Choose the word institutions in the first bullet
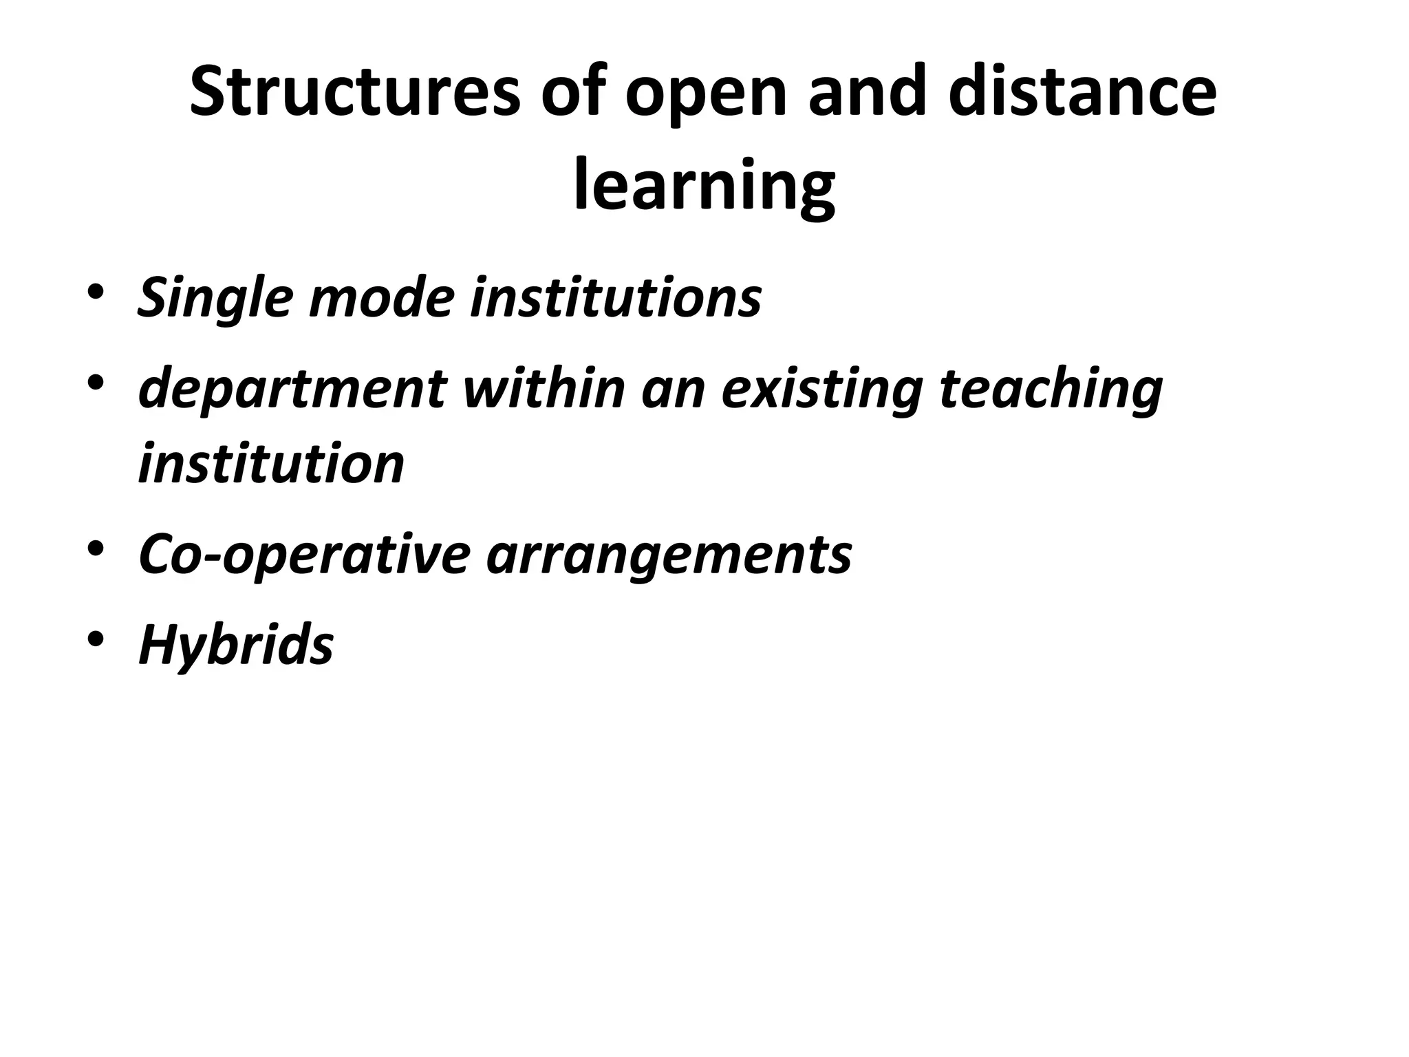[616, 297]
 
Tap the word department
[293, 389]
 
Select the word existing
[821, 389]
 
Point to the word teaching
[1051, 389]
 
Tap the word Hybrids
[236, 646]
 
